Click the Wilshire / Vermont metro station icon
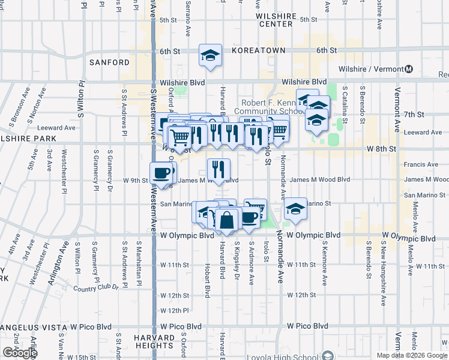(409, 69)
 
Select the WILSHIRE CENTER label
(276, 20)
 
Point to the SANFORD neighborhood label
(109, 62)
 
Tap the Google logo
(20, 353)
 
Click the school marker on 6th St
(210, 56)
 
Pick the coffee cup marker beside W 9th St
(160, 173)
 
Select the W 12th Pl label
(175, 310)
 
